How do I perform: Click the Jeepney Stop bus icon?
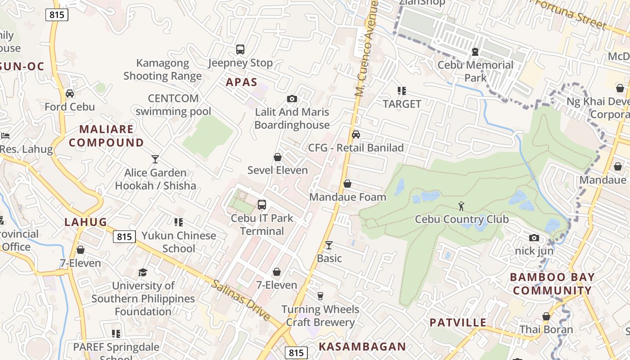(x=240, y=49)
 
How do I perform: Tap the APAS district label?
(x=242, y=82)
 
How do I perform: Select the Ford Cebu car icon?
(x=70, y=93)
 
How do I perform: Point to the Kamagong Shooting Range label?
(x=162, y=69)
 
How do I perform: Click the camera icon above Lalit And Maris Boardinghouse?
(x=292, y=99)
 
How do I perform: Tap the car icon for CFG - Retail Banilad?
(x=356, y=134)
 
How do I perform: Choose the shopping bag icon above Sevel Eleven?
(x=278, y=157)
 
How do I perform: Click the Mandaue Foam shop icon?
(x=347, y=184)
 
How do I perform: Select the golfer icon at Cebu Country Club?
(x=461, y=206)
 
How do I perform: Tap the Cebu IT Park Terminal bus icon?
(x=262, y=205)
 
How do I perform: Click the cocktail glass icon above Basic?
(x=329, y=245)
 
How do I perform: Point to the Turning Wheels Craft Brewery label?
(x=320, y=316)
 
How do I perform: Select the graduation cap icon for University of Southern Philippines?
(x=143, y=272)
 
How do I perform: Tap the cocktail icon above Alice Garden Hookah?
(x=155, y=159)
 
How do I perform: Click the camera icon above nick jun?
(x=534, y=238)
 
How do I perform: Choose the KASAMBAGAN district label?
(x=362, y=346)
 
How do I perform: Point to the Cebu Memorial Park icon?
(x=475, y=52)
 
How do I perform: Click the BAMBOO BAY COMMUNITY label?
(x=552, y=283)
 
